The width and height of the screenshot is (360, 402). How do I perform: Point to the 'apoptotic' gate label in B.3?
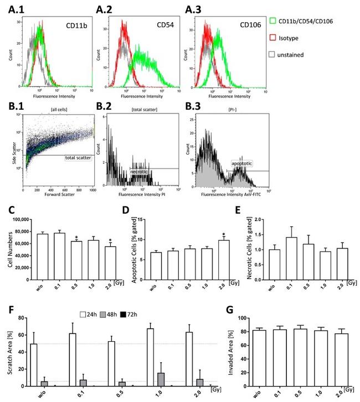241,164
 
